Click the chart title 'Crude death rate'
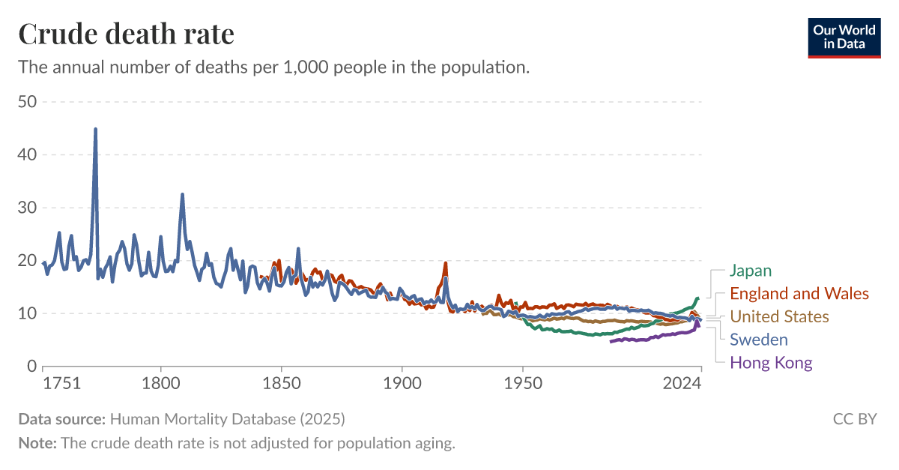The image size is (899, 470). (x=126, y=34)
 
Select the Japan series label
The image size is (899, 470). (x=750, y=271)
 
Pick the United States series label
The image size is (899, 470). (x=779, y=316)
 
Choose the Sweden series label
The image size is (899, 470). (x=759, y=340)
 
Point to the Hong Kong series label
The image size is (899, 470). (x=771, y=363)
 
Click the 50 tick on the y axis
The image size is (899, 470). (x=27, y=102)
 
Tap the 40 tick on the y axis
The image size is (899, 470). (x=27, y=155)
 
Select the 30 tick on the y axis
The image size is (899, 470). (x=27, y=208)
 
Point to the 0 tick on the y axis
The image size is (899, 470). (x=31, y=367)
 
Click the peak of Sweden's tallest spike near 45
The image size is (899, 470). (x=95, y=130)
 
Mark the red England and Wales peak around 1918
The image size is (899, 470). (x=445, y=263)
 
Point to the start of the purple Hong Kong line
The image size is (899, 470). (x=611, y=342)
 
